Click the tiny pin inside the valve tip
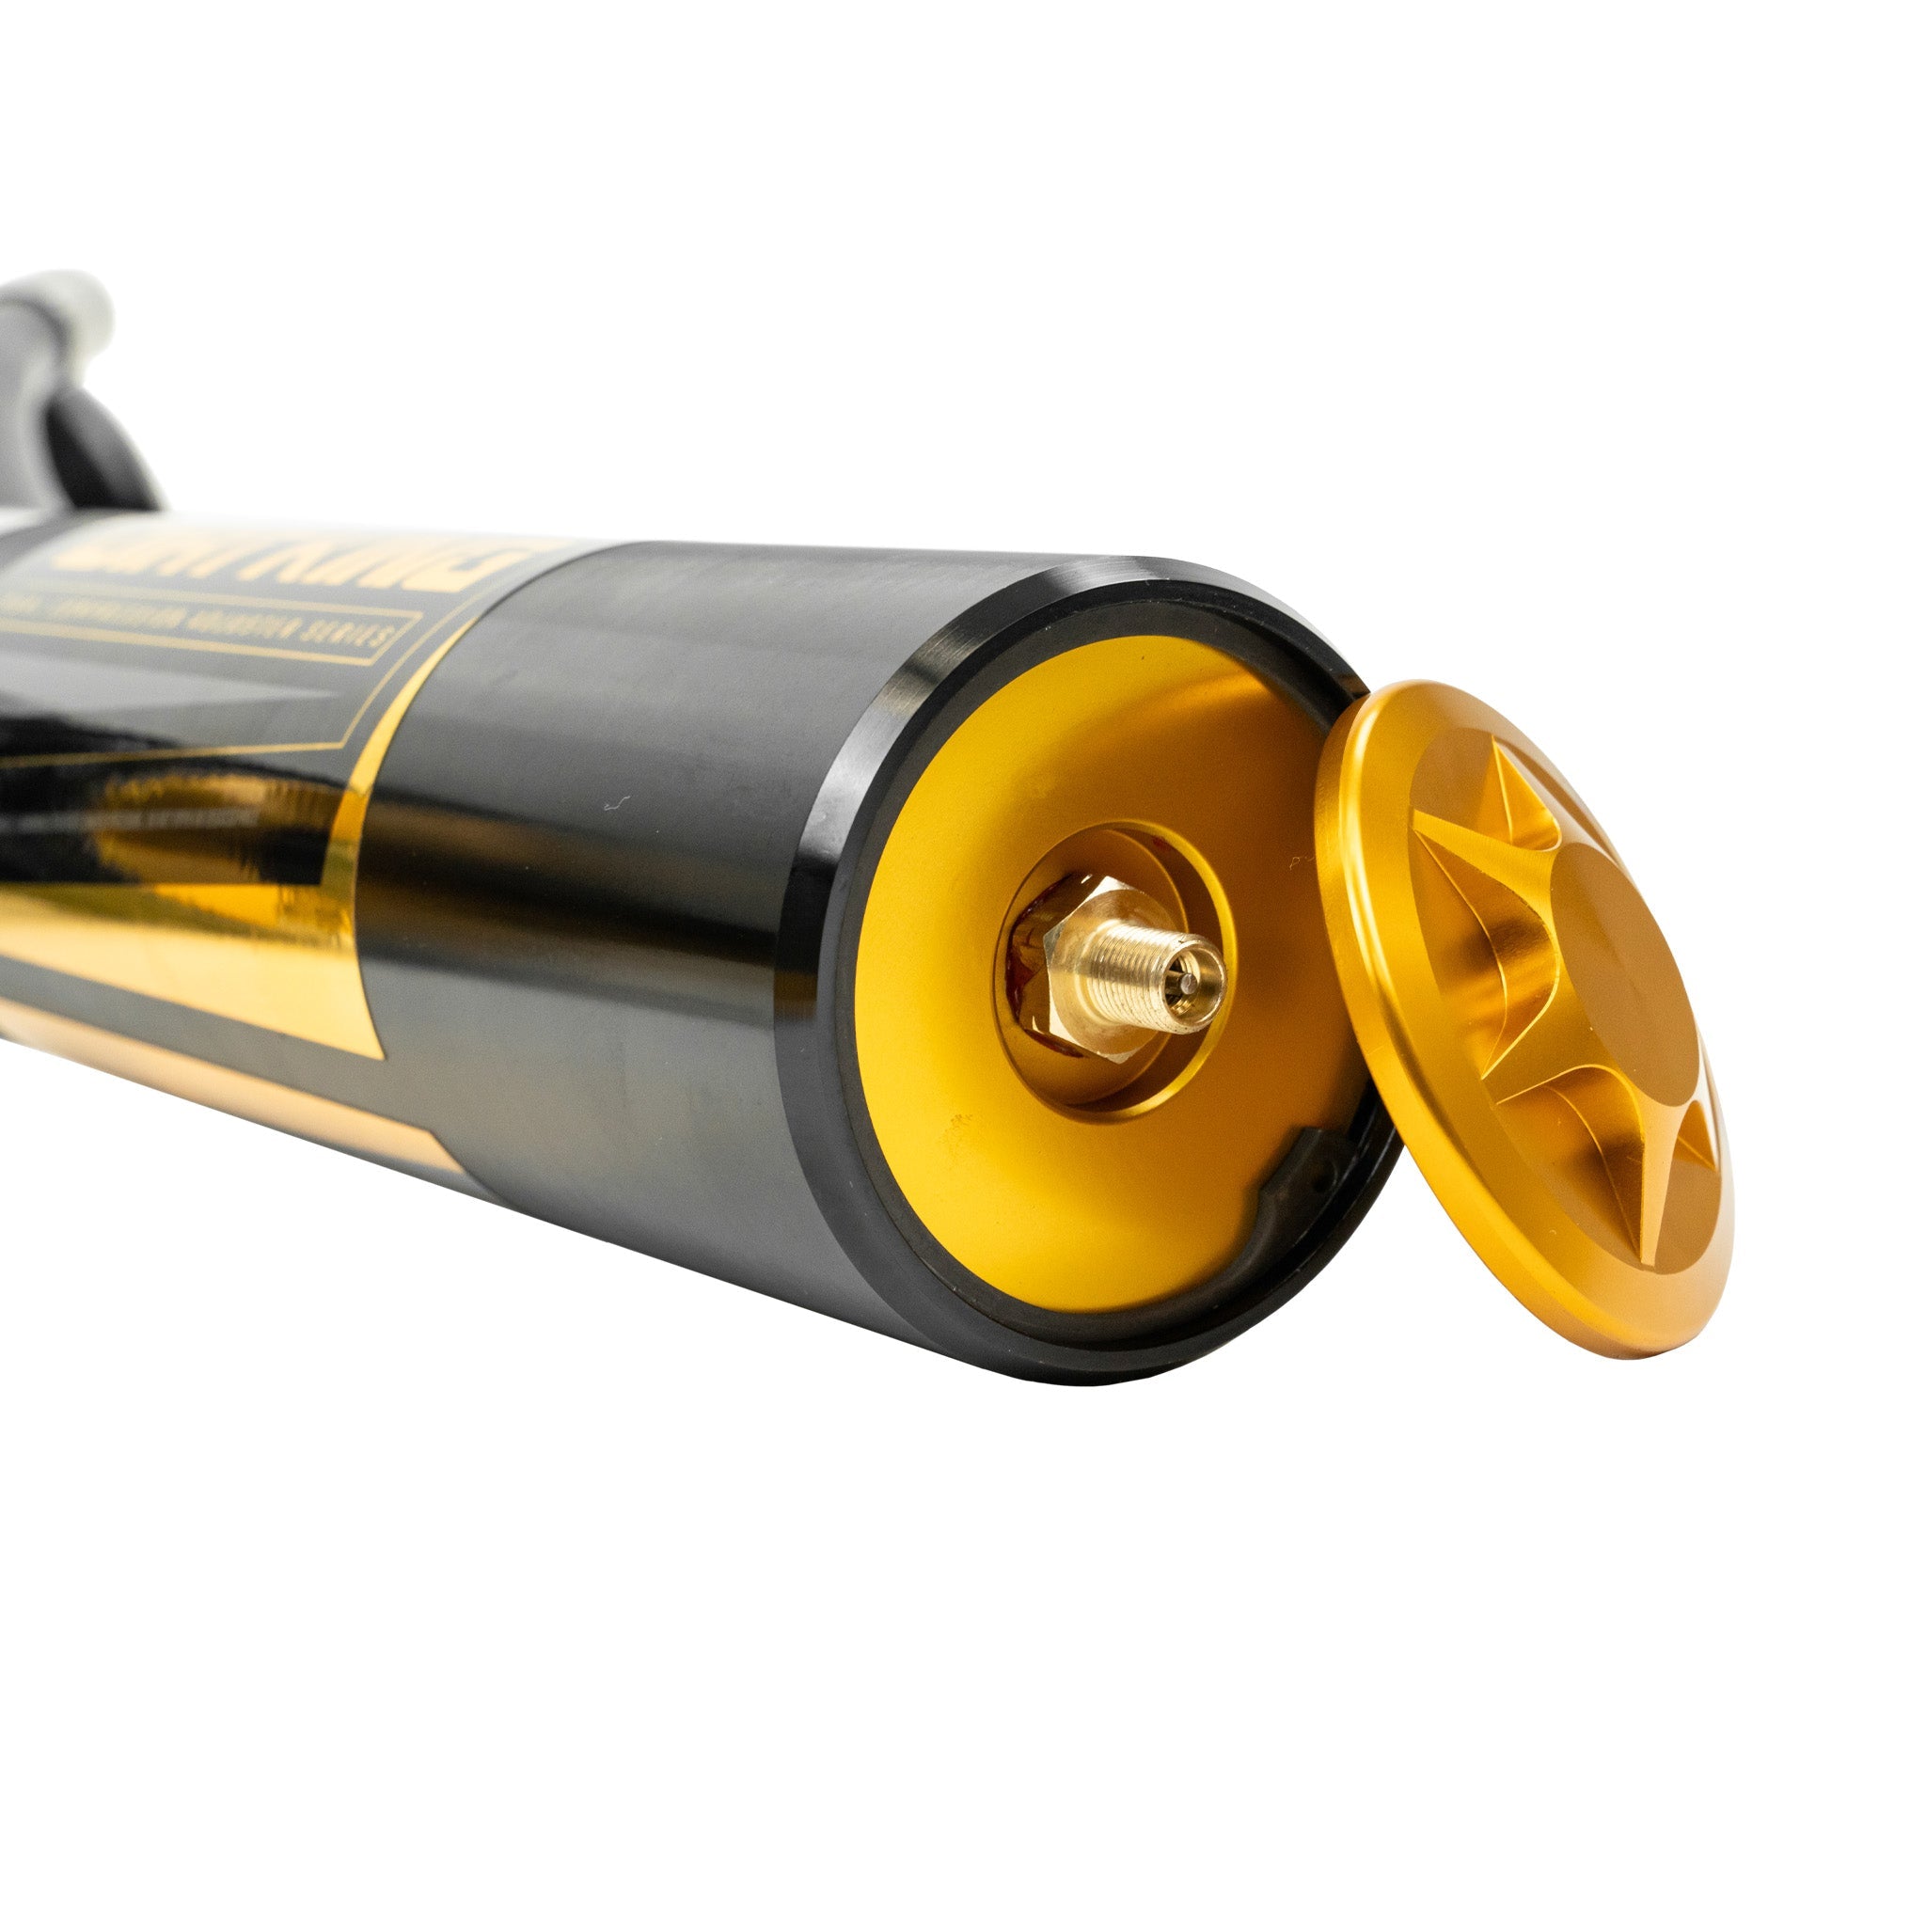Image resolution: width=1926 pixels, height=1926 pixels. [1192, 981]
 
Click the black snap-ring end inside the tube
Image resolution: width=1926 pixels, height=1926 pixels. [1286, 1176]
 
